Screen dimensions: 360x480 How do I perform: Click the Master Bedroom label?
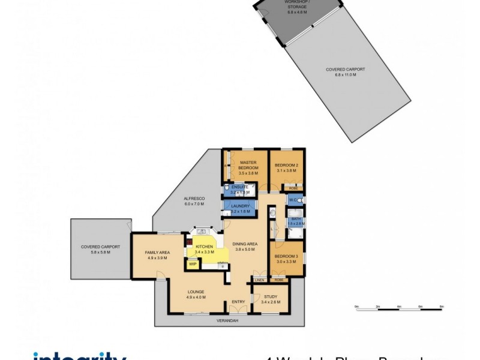click(248, 165)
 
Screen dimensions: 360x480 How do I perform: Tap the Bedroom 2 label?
click(286, 165)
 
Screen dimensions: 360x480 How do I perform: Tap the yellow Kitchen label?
click(204, 247)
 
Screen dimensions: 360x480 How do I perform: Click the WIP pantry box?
click(193, 264)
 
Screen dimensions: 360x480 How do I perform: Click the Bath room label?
click(296, 219)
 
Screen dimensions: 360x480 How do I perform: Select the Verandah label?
click(227, 321)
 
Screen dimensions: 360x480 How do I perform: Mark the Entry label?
click(238, 302)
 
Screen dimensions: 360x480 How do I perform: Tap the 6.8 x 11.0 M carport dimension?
click(345, 75)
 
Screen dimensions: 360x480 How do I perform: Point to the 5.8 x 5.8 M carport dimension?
click(101, 252)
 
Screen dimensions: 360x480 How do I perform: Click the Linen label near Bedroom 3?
click(259, 280)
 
